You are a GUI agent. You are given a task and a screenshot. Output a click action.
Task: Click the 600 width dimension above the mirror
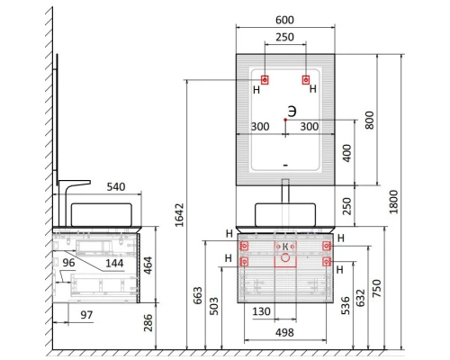284,20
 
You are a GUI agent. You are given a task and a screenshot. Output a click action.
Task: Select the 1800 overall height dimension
393,202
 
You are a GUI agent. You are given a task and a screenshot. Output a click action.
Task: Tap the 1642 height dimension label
179,215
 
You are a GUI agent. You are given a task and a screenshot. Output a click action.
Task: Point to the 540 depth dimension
116,187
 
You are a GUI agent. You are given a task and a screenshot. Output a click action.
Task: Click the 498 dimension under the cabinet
284,332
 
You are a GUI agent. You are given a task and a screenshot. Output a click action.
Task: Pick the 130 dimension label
261,311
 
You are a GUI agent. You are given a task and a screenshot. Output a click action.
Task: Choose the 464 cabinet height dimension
148,265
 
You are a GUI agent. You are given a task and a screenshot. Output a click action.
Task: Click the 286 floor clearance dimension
148,322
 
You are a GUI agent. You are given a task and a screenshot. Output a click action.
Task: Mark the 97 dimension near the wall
86,315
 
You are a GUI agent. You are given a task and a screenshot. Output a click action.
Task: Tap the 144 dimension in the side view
114,264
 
